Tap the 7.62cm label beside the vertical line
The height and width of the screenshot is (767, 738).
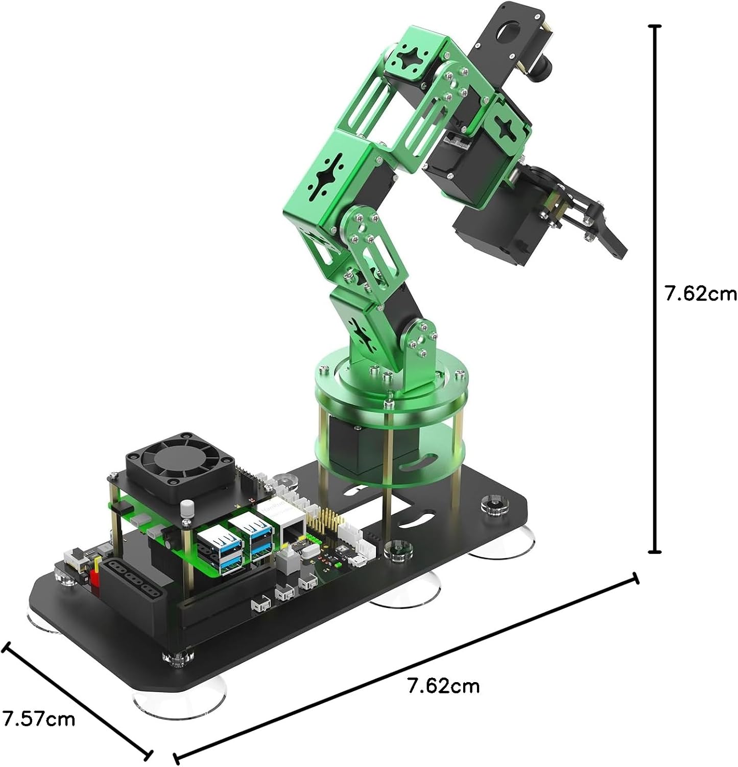click(700, 294)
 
